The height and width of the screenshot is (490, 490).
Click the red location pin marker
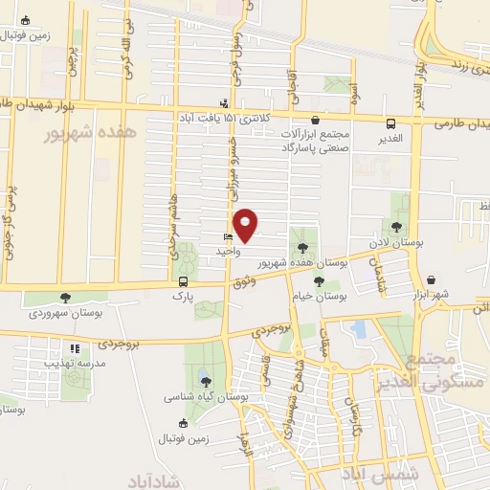point(247,225)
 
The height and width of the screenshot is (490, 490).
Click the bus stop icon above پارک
point(182,281)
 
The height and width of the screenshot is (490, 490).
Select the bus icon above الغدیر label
point(391,123)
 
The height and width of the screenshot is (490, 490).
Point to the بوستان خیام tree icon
point(318,281)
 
